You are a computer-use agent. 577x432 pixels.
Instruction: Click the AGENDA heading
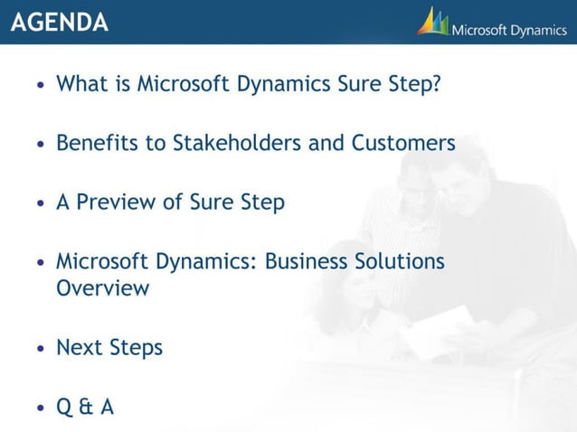[60, 23]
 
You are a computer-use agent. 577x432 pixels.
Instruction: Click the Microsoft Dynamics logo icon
[433, 22]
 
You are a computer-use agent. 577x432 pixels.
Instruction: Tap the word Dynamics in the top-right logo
[535, 31]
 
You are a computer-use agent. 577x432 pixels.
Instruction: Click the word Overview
[102, 289]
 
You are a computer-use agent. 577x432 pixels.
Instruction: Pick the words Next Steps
[109, 348]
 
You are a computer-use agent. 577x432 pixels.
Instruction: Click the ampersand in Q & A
[86, 408]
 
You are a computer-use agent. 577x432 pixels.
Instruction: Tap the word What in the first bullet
[82, 84]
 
